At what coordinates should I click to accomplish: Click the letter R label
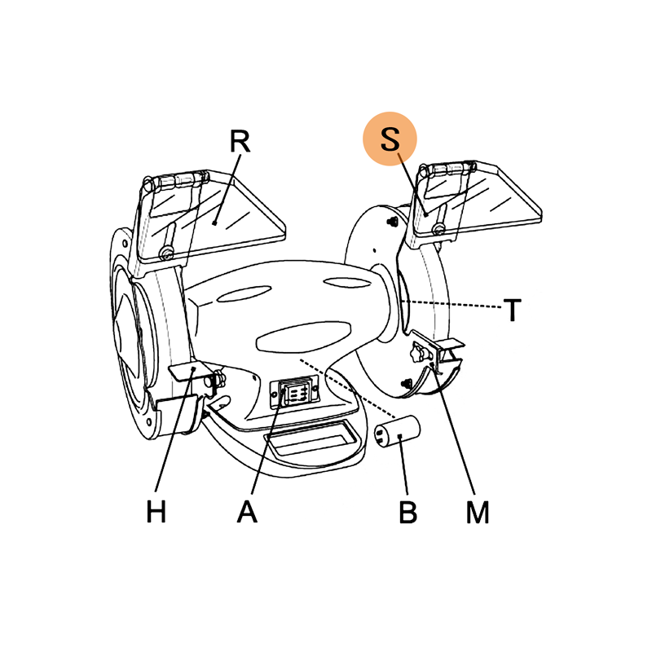pos(240,141)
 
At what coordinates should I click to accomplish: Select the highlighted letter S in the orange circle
pos(390,139)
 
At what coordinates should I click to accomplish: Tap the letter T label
pos(512,310)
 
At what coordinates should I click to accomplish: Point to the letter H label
pos(156,511)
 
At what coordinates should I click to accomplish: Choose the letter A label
pos(247,511)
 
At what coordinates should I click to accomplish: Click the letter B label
pos(407,512)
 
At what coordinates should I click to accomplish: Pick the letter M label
pos(478,512)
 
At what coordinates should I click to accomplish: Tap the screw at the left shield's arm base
pos(167,252)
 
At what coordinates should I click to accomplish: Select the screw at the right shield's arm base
pos(438,228)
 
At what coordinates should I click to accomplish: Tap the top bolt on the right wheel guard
pos(392,222)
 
